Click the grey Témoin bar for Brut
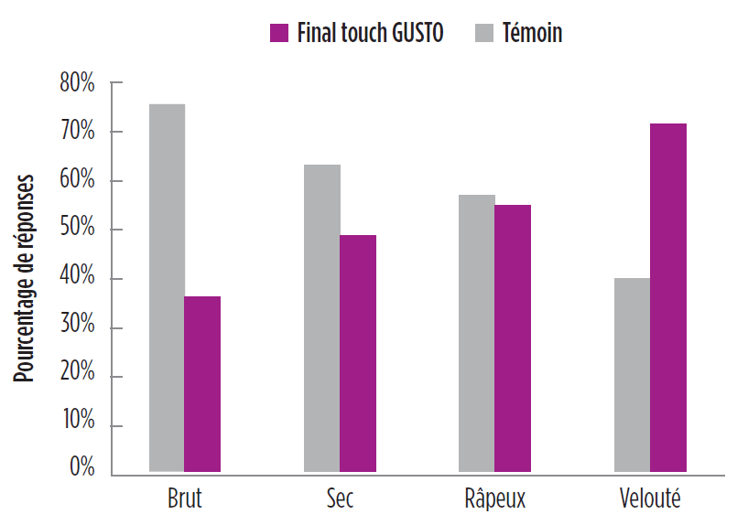click(167, 288)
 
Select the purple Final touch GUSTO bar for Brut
click(202, 384)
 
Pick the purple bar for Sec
click(358, 354)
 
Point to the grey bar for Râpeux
click(477, 334)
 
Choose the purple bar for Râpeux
click(513, 338)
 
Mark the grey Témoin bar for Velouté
click(632, 375)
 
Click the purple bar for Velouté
click(668, 298)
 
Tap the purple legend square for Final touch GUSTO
click(279, 34)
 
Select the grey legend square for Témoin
click(485, 34)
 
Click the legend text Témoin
click(533, 34)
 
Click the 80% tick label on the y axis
click(78, 83)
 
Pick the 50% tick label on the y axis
click(78, 229)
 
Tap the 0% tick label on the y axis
click(81, 468)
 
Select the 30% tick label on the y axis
click(78, 327)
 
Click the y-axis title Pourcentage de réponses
click(25, 278)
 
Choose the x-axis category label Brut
click(185, 499)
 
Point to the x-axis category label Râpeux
click(494, 499)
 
